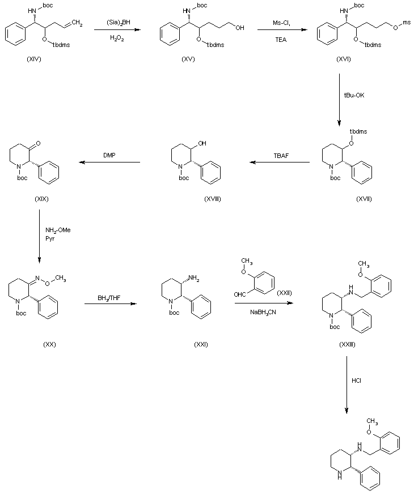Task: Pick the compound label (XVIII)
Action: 212,199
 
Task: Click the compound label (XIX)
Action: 39,199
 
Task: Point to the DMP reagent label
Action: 109,154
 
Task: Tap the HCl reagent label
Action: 356,380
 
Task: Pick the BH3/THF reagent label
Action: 110,296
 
